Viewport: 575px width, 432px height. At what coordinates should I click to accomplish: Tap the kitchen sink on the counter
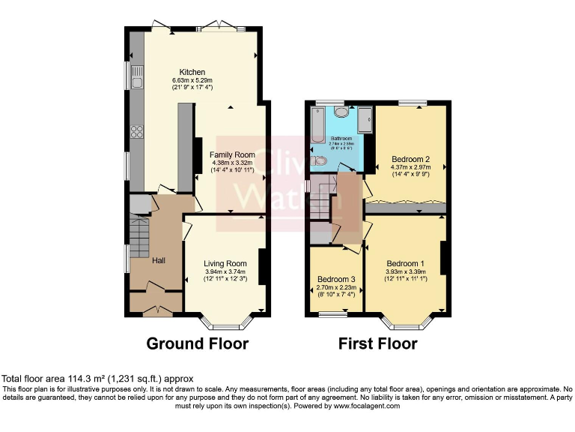[x=137, y=76]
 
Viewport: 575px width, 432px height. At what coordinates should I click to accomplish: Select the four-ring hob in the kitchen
[x=137, y=131]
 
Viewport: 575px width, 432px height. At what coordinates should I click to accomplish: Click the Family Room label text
[x=232, y=154]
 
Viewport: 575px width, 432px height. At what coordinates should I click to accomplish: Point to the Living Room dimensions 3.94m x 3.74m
[x=225, y=271]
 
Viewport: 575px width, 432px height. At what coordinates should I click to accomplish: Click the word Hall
[x=159, y=260]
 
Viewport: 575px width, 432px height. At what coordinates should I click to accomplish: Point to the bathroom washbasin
[x=341, y=112]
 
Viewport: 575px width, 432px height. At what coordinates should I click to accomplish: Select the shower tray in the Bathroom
[x=365, y=119]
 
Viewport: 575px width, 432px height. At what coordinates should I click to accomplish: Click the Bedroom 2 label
[x=410, y=159]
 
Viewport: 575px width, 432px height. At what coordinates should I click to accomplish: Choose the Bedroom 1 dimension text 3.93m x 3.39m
[x=405, y=271]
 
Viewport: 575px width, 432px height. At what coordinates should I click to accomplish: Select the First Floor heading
[x=378, y=343]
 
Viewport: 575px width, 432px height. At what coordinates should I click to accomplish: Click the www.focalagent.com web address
[x=358, y=406]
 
